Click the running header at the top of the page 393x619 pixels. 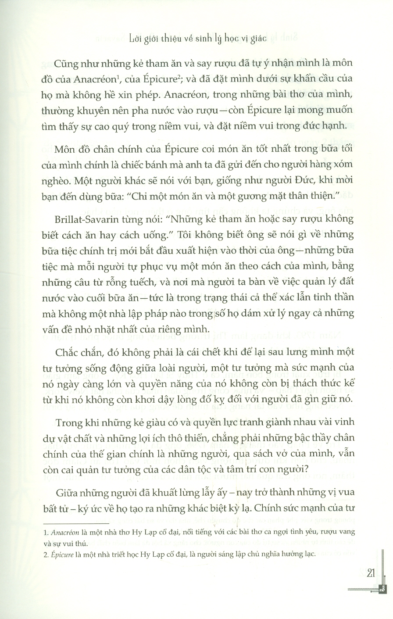pyautogui.click(x=196, y=38)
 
